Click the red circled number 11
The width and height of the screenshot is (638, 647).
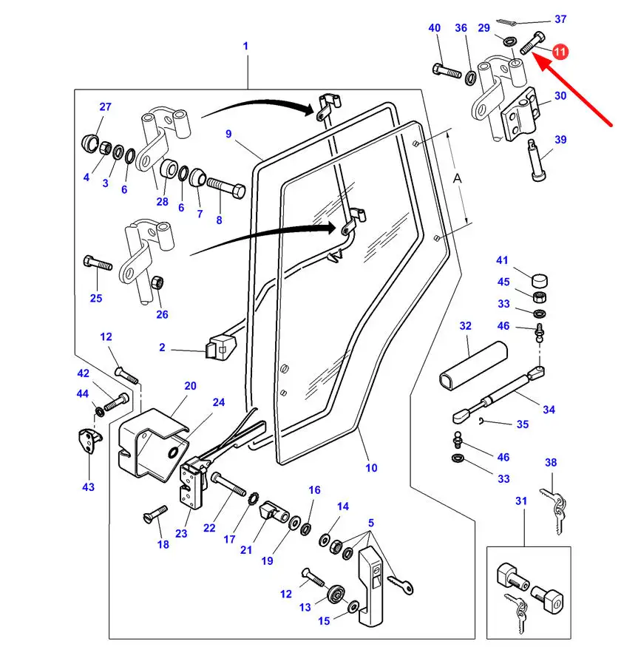(x=560, y=52)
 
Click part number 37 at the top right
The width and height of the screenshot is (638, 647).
(x=560, y=19)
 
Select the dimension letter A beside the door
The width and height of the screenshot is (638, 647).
(x=458, y=178)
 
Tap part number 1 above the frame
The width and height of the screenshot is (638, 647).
(x=245, y=46)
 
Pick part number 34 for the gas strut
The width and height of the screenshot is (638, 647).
(x=548, y=410)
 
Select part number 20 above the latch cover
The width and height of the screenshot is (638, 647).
(x=190, y=386)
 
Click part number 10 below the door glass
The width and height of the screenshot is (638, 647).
(x=371, y=467)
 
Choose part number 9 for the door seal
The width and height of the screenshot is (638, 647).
(x=228, y=134)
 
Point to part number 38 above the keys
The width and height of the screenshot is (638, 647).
(x=551, y=463)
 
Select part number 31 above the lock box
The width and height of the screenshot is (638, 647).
(x=521, y=501)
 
